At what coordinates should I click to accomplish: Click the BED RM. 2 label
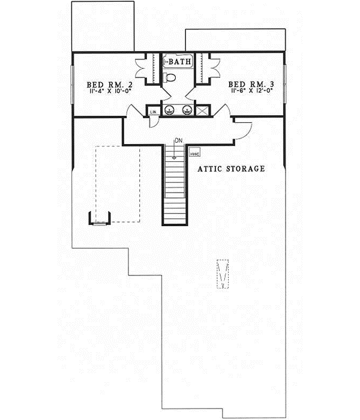[110, 85]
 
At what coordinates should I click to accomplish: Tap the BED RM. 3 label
[250, 85]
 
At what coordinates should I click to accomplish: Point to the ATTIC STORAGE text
[232, 169]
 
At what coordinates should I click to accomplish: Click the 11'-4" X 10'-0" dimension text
[110, 93]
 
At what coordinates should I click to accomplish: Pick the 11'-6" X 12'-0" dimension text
[250, 93]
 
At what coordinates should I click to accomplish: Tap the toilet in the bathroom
[170, 77]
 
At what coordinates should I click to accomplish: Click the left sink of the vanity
[170, 110]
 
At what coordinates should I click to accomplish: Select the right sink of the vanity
[188, 110]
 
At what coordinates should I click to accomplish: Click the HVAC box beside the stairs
[194, 154]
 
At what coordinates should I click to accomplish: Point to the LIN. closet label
[153, 111]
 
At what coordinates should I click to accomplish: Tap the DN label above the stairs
[178, 141]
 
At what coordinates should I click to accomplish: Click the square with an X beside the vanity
[203, 110]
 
